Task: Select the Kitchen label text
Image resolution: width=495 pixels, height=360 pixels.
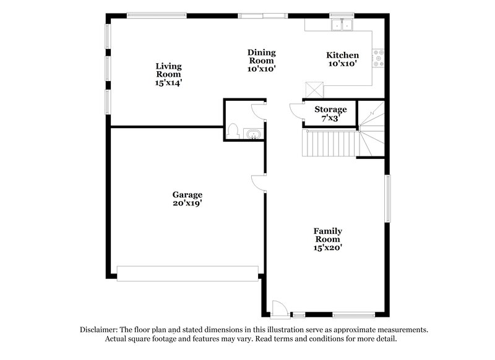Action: coord(343,55)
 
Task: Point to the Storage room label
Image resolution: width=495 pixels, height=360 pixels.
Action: coord(330,109)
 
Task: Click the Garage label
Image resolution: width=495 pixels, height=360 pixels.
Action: coord(187,195)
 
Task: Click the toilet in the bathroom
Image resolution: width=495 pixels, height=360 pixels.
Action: coord(233,131)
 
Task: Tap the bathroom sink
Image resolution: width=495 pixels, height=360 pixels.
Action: coord(252,134)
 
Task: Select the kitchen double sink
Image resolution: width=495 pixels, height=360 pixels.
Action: coord(341,25)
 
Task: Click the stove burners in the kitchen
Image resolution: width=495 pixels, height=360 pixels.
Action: coord(379,58)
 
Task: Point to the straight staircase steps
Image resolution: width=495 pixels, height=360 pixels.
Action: coord(330,144)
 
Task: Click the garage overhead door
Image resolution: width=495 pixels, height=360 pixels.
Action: coord(187,273)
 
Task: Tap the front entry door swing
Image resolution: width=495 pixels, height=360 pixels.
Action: coord(280,307)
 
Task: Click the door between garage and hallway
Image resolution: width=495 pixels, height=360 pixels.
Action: coord(259,182)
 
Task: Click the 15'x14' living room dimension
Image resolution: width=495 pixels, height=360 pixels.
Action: coord(168,82)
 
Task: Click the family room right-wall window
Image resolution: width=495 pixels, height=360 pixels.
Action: coord(388,198)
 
